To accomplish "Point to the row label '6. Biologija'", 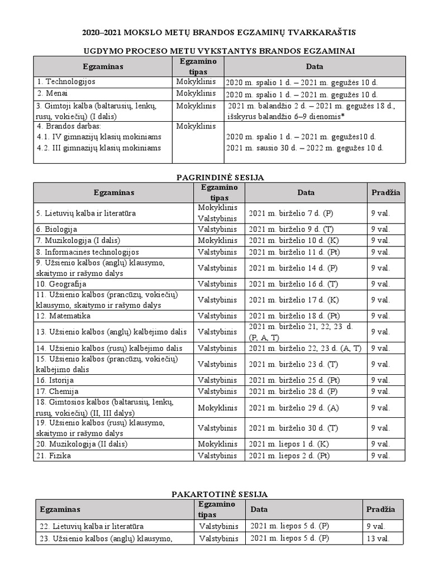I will tap(56, 229).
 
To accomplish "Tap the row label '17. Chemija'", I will tap(58, 391).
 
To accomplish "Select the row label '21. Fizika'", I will tap(54, 455).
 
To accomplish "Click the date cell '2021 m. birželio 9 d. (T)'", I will tap(291, 229).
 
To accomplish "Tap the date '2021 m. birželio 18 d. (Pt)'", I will tap(294, 316).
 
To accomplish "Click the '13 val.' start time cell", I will tap(378, 538).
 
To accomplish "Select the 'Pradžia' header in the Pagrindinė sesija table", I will tap(385, 192).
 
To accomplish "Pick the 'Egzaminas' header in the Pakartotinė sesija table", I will tap(60, 509).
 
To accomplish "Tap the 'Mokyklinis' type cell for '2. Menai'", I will tap(196, 93).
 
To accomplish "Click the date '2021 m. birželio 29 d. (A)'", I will tap(293, 408).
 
